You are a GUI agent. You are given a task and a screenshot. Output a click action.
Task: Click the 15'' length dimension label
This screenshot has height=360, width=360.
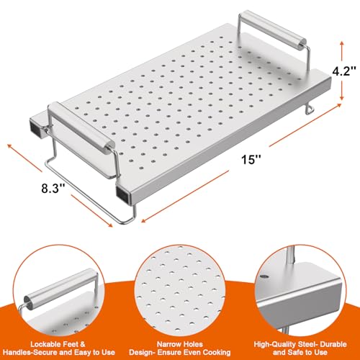(x=251, y=159)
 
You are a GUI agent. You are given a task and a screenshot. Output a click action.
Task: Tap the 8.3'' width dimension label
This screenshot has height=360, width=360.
(x=53, y=188)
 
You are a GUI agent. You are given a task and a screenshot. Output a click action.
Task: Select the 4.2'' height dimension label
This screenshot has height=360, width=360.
(x=344, y=71)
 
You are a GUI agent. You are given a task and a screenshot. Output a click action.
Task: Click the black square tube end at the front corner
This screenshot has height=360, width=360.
(x=122, y=194)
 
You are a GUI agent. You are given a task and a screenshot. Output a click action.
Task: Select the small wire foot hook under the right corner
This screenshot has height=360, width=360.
(x=310, y=109)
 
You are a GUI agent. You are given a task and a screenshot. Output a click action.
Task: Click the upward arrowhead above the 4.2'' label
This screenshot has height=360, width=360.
(x=342, y=44)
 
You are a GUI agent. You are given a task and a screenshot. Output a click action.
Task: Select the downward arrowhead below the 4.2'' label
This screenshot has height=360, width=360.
(x=342, y=98)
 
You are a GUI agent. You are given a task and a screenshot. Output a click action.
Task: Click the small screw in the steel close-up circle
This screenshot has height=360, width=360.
(x=264, y=276)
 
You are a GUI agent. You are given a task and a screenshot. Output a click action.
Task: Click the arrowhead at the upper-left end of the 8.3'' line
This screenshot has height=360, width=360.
(x=10, y=146)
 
